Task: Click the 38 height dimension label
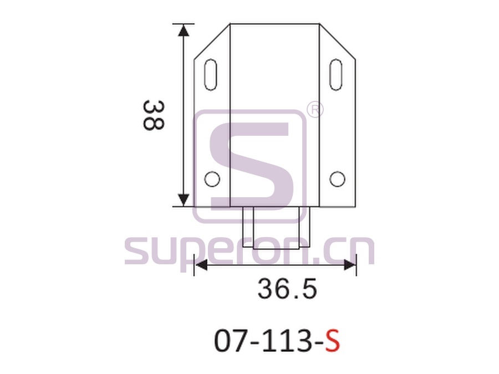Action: coord(154,115)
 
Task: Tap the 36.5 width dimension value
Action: coord(287,289)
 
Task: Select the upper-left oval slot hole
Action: coord(211,75)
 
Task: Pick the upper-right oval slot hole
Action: coord(336,75)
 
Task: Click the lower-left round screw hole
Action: coord(212,179)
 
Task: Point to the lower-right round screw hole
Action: coord(337,179)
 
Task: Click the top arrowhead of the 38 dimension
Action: coord(184,30)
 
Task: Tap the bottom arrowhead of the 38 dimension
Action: coord(184,200)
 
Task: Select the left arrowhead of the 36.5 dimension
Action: coord(201,265)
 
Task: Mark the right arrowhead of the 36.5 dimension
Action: coord(349,265)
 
